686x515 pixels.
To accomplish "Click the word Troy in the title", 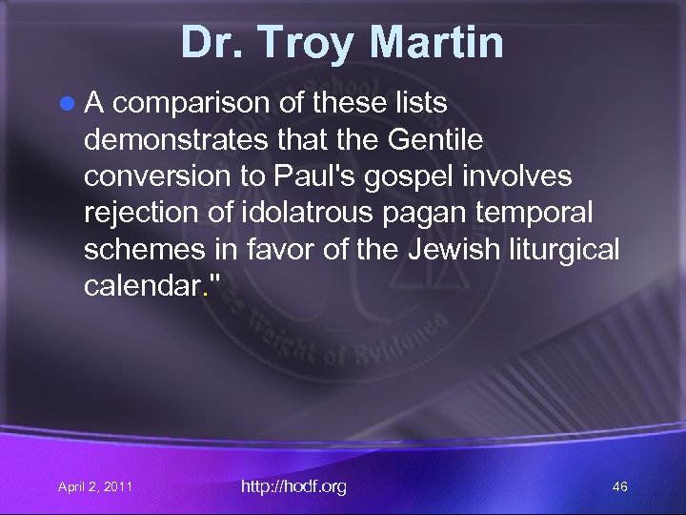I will pos(304,43).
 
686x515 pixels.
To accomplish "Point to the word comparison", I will pos(192,102).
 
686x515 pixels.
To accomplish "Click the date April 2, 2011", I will pos(95,487).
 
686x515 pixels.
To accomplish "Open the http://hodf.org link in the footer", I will pos(294,486).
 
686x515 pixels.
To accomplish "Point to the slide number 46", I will pos(619,487).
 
